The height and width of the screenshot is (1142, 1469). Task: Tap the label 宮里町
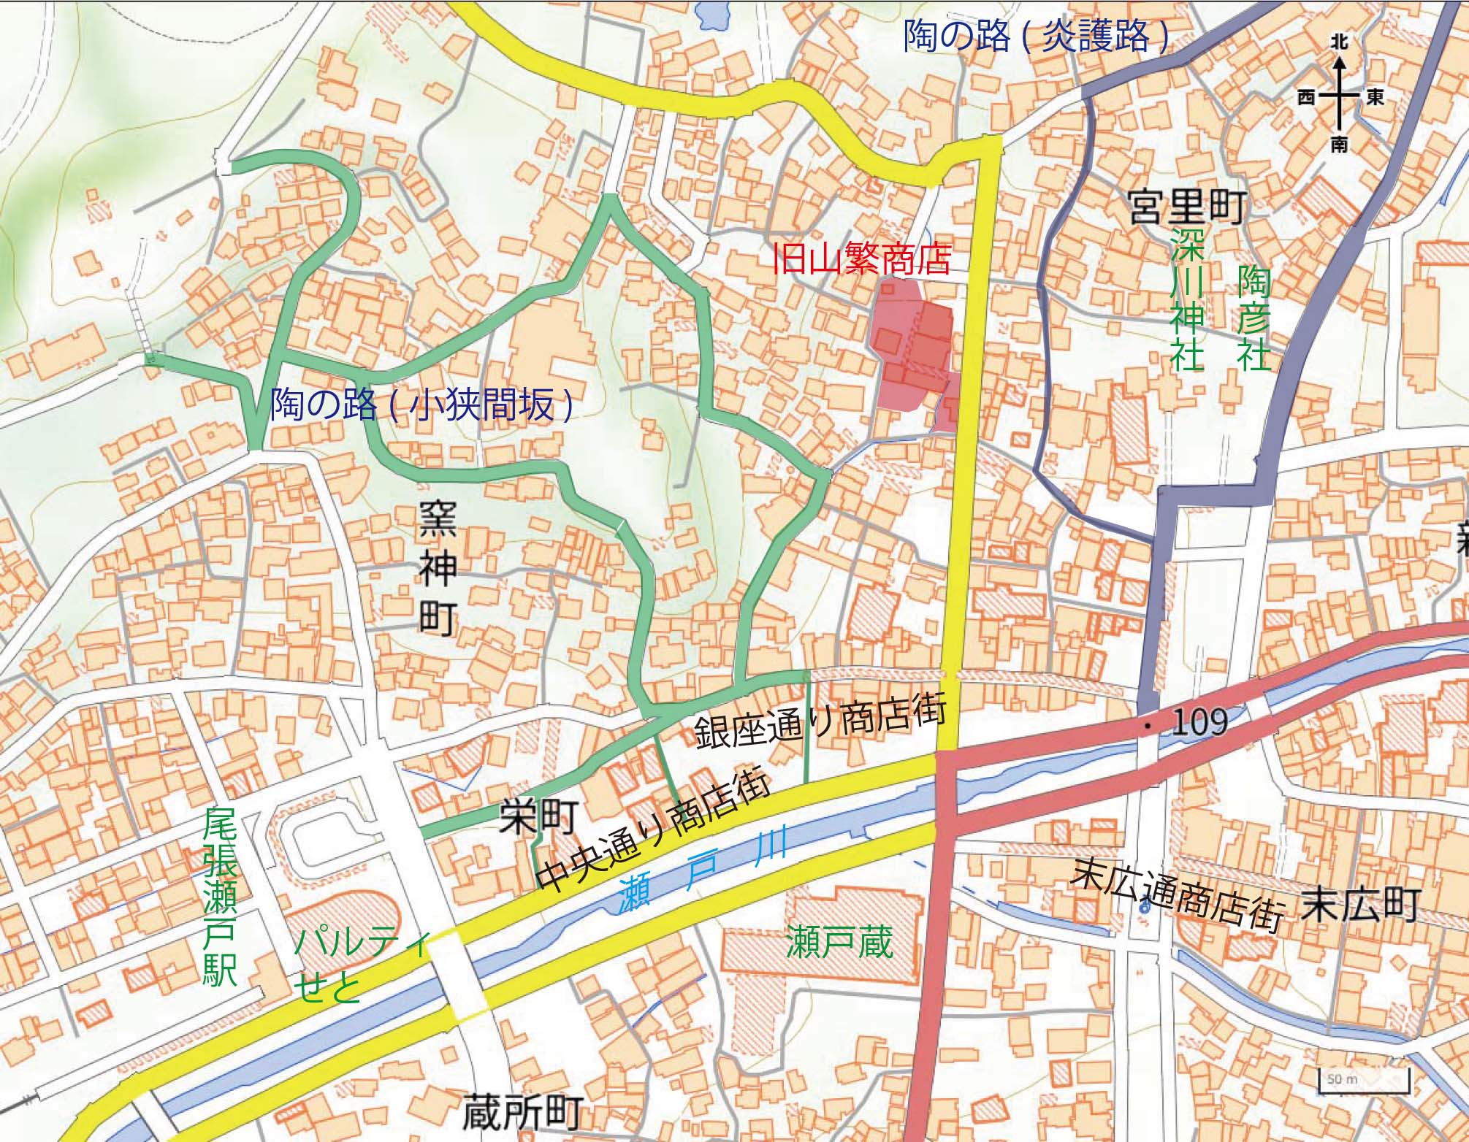point(1186,208)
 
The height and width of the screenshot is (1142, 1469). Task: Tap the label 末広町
point(1359,905)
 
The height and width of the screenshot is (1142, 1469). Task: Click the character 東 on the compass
point(1374,97)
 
